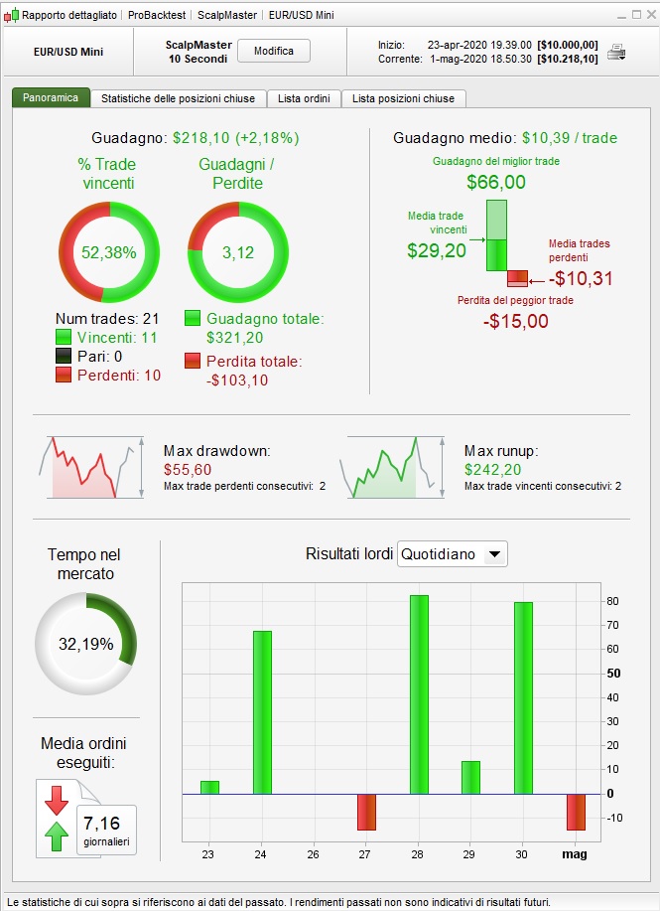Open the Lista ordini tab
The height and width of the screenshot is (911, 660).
(304, 98)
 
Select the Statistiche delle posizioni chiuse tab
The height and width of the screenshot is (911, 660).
(179, 98)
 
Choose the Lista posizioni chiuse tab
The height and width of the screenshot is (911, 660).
(403, 98)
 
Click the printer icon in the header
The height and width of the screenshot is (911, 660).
(616, 52)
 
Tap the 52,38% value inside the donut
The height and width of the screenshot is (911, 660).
(108, 252)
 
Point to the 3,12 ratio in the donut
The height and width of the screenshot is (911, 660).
(238, 252)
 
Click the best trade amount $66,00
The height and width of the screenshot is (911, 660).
(496, 183)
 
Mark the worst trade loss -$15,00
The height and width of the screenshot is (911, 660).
(516, 321)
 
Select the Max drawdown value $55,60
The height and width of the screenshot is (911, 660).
(189, 469)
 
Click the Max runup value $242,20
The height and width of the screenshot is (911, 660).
(492, 469)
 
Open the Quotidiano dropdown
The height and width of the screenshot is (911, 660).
(452, 554)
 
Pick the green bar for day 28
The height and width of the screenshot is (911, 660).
(419, 694)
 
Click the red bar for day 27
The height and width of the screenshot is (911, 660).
(367, 812)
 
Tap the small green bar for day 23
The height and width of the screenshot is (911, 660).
(209, 787)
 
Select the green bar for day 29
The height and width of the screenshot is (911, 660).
(470, 777)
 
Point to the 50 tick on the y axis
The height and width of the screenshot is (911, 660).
(614, 674)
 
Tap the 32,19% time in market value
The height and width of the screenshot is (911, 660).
(86, 644)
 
